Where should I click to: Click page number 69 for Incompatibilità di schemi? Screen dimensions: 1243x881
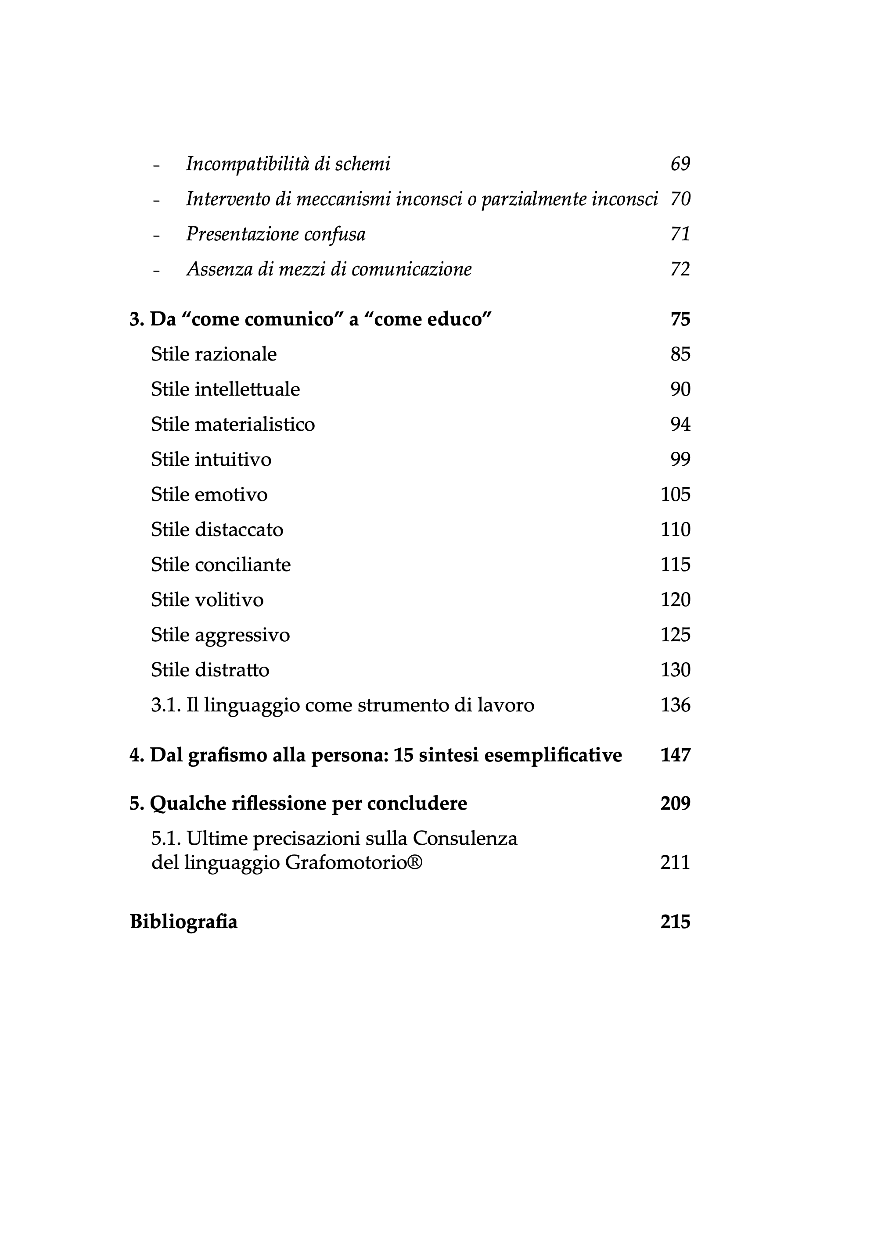[x=680, y=164]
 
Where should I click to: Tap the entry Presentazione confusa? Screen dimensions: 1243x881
[x=276, y=234]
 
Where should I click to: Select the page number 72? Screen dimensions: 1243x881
[x=680, y=269]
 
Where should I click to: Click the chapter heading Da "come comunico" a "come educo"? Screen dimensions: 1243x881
[x=310, y=319]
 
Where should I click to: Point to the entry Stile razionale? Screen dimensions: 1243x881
[x=214, y=354]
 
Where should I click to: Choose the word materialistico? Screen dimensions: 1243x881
[x=255, y=425]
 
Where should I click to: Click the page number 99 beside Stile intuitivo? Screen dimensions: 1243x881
[x=680, y=460]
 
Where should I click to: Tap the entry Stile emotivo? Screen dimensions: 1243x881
[x=209, y=495]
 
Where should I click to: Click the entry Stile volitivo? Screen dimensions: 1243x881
[x=207, y=600]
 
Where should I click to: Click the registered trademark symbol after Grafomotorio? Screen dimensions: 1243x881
[x=415, y=862]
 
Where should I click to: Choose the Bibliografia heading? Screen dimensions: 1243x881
[x=183, y=922]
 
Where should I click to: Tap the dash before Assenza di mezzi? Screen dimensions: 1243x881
[x=157, y=271]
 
